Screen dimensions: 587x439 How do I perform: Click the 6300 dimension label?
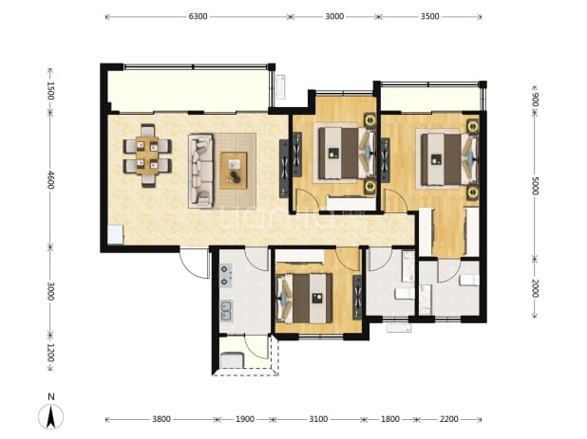click(x=198, y=16)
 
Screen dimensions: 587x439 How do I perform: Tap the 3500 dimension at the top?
click(x=429, y=16)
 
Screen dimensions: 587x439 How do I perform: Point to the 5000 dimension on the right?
click(x=535, y=186)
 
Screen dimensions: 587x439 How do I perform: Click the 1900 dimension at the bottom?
click(x=245, y=419)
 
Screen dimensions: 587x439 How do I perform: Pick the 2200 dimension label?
click(x=448, y=419)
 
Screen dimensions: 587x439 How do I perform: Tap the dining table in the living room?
click(x=147, y=155)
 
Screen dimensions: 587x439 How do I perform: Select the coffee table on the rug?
click(x=234, y=171)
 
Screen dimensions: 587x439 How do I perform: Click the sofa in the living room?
click(x=200, y=171)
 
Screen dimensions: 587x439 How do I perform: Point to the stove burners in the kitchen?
click(x=226, y=275)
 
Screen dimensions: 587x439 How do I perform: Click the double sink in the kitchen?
click(x=226, y=311)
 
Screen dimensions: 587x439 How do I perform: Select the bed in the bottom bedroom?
click(x=304, y=298)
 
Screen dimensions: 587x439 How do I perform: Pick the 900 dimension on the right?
click(x=535, y=99)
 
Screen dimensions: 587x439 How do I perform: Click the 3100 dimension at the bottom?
click(x=318, y=419)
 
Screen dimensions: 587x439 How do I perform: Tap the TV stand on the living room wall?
click(x=284, y=169)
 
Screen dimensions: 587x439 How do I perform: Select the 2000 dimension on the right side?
click(x=535, y=288)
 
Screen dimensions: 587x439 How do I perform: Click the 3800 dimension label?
click(x=161, y=419)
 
